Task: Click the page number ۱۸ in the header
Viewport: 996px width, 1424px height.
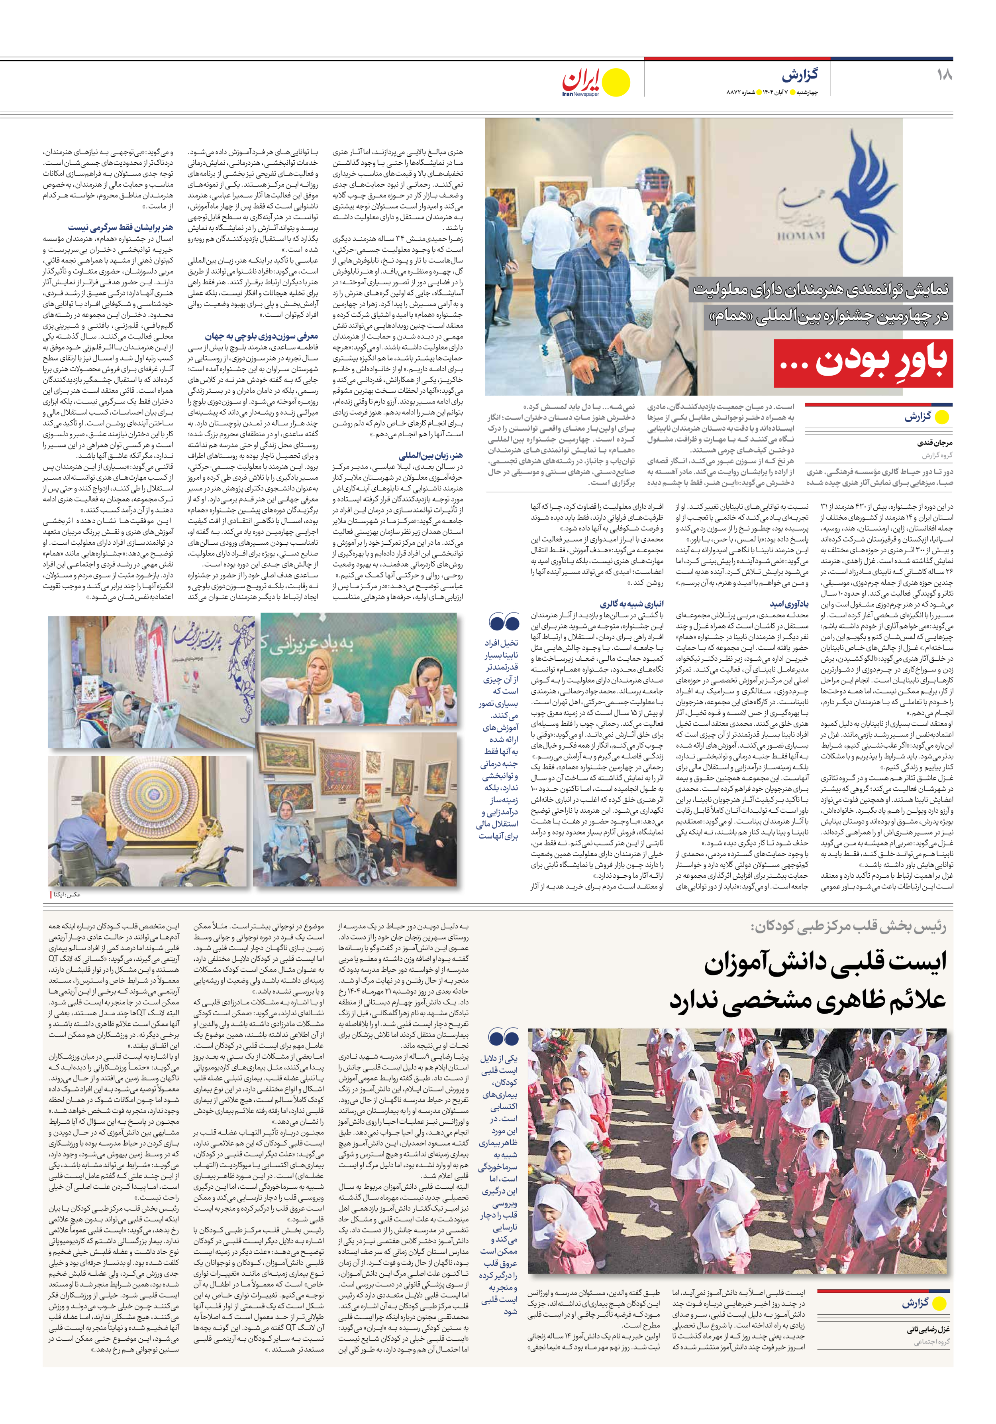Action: (x=944, y=75)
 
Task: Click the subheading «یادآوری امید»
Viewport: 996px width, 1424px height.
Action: (x=789, y=603)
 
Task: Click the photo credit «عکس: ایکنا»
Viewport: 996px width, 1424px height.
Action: (x=66, y=894)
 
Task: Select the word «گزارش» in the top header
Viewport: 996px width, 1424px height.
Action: (x=800, y=75)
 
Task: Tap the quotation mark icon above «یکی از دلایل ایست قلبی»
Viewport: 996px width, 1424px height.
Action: (x=503, y=1038)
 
